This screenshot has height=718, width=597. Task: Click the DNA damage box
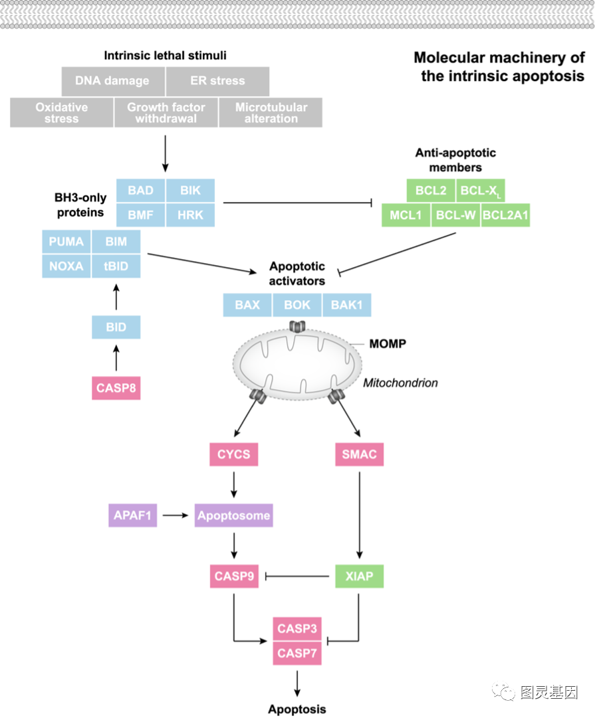113,81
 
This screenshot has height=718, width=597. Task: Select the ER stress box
217,81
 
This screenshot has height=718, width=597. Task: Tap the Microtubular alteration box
271,113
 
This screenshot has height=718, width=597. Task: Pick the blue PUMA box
66,242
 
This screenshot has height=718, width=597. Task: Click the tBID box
116,266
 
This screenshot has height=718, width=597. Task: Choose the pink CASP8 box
116,389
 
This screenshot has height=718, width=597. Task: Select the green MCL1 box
406,215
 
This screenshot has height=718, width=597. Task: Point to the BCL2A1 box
505,215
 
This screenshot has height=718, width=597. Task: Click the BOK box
297,305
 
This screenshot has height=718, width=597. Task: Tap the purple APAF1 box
132,515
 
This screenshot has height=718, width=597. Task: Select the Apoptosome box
233,515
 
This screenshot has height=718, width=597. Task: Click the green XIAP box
359,577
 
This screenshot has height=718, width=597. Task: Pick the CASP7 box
297,654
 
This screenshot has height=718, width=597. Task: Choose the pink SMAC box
359,454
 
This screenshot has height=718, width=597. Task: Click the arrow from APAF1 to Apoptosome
176,515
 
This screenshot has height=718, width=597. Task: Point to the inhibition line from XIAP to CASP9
297,576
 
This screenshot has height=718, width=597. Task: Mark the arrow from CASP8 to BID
116,357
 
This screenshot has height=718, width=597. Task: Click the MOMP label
388,344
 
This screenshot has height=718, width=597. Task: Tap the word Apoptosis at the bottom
297,709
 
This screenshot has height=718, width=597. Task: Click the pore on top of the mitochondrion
297,327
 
